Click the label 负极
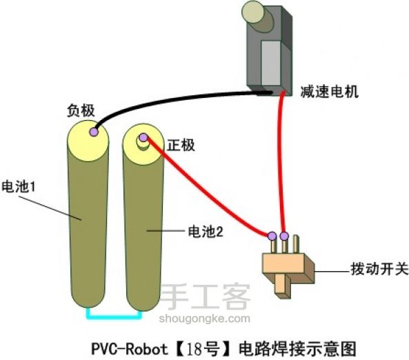(80, 110)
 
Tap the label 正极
(181, 145)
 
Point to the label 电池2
(205, 232)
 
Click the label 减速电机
(329, 90)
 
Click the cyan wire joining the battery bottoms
(114, 316)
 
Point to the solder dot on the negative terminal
(93, 128)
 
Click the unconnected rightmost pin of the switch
(296, 243)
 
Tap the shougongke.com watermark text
(205, 318)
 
